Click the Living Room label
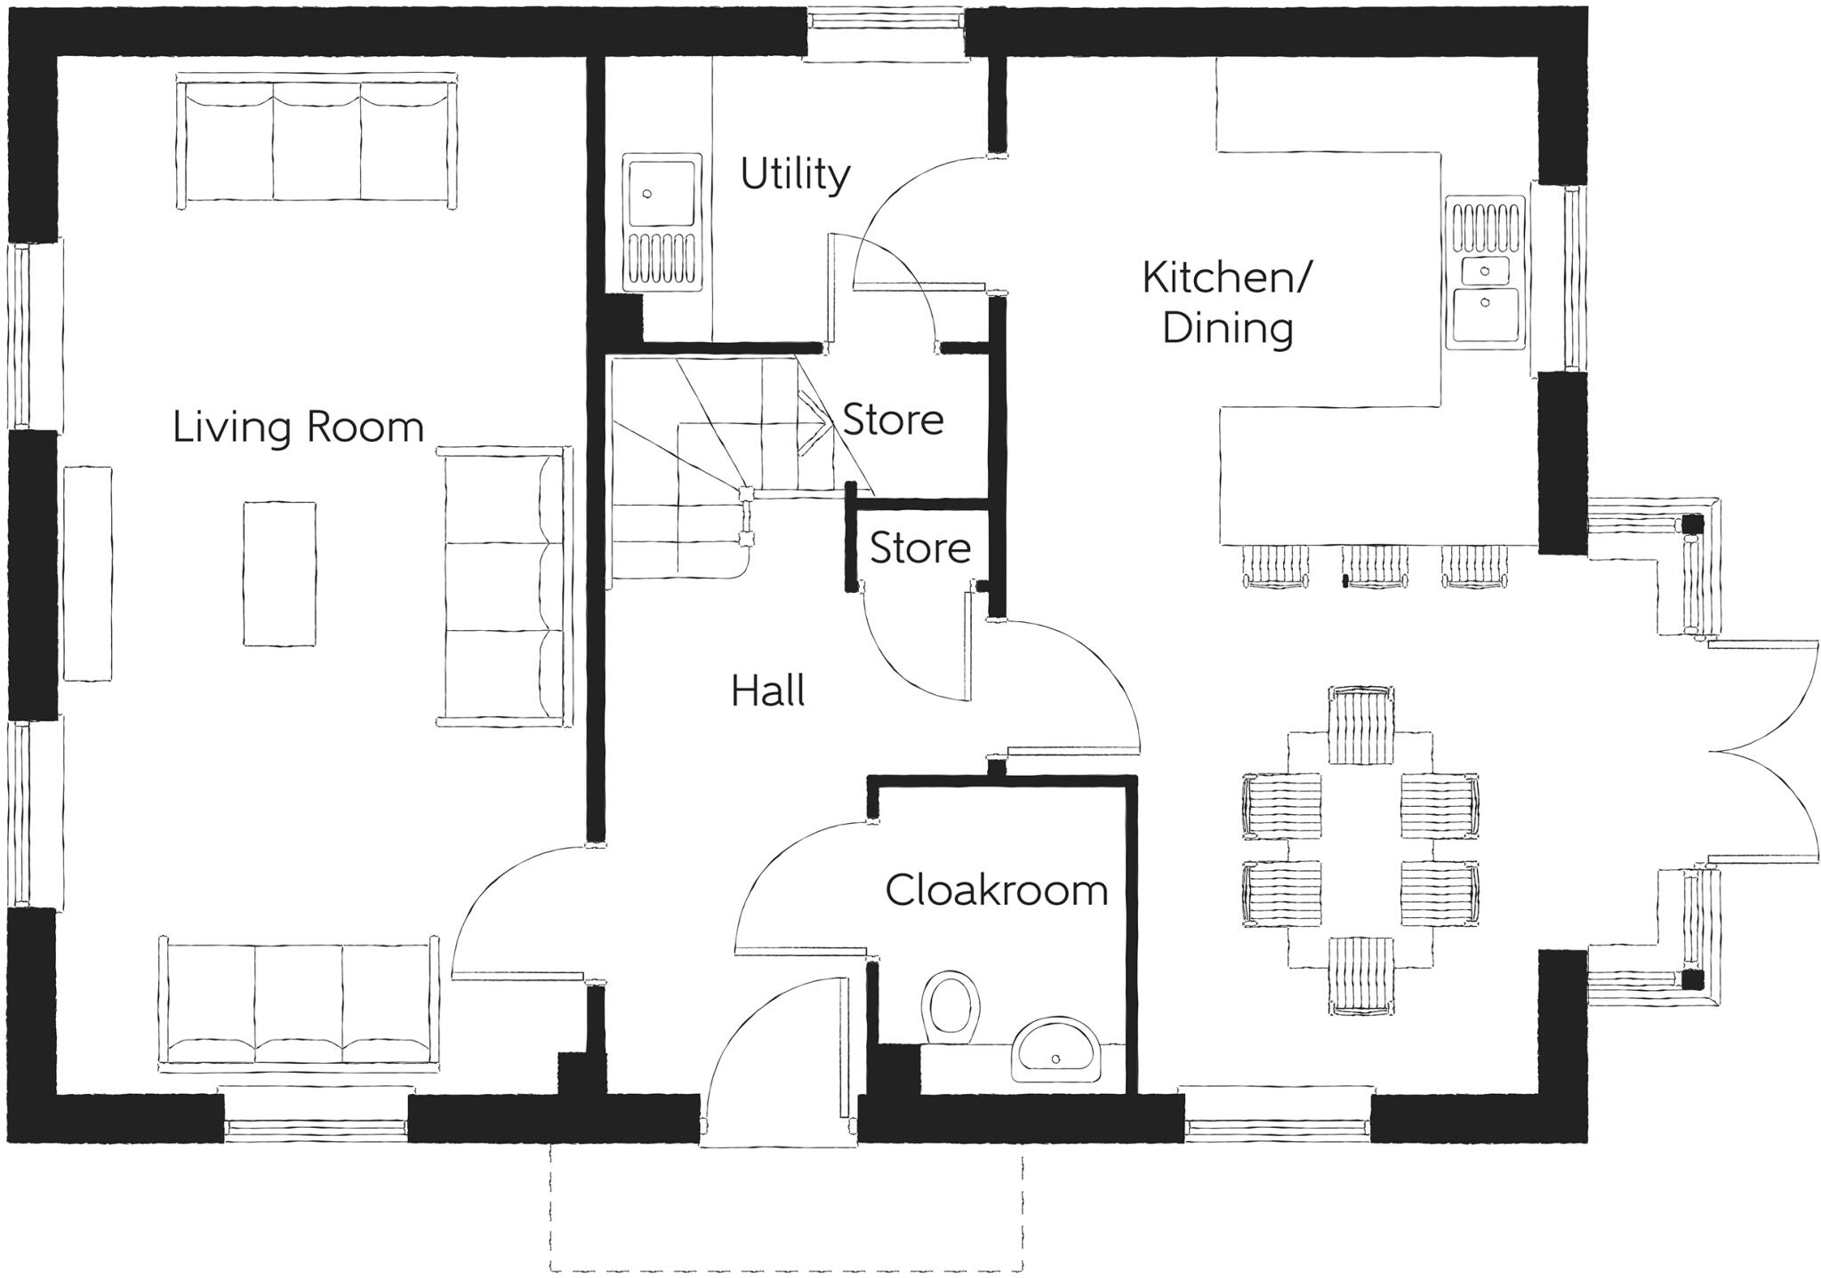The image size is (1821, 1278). (x=298, y=427)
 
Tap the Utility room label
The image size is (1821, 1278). (x=794, y=174)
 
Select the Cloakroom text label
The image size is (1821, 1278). (x=996, y=890)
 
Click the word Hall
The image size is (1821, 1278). (x=767, y=691)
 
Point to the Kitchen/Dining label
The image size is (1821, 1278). (x=1226, y=303)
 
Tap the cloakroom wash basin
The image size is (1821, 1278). (x=1056, y=1050)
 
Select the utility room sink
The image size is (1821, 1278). (x=661, y=221)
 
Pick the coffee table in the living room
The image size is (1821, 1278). (x=279, y=573)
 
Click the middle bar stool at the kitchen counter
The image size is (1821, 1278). (x=1375, y=565)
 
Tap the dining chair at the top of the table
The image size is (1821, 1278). (x=1361, y=724)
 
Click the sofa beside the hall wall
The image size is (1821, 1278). (x=504, y=586)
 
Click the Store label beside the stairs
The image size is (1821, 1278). (x=892, y=419)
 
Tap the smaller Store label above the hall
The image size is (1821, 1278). (x=919, y=547)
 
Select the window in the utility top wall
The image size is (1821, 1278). (x=886, y=36)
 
